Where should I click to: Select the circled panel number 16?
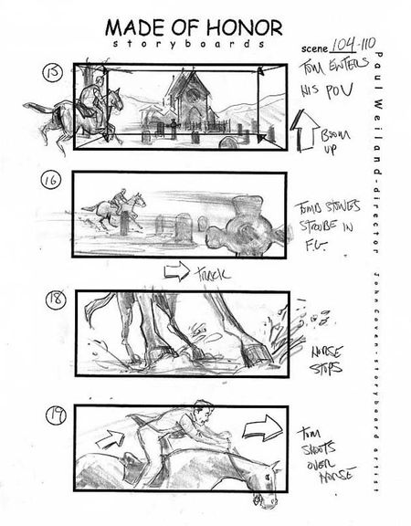[51, 180]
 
